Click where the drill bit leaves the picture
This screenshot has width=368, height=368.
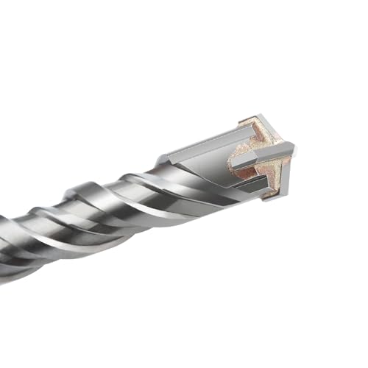coord(4,243)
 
